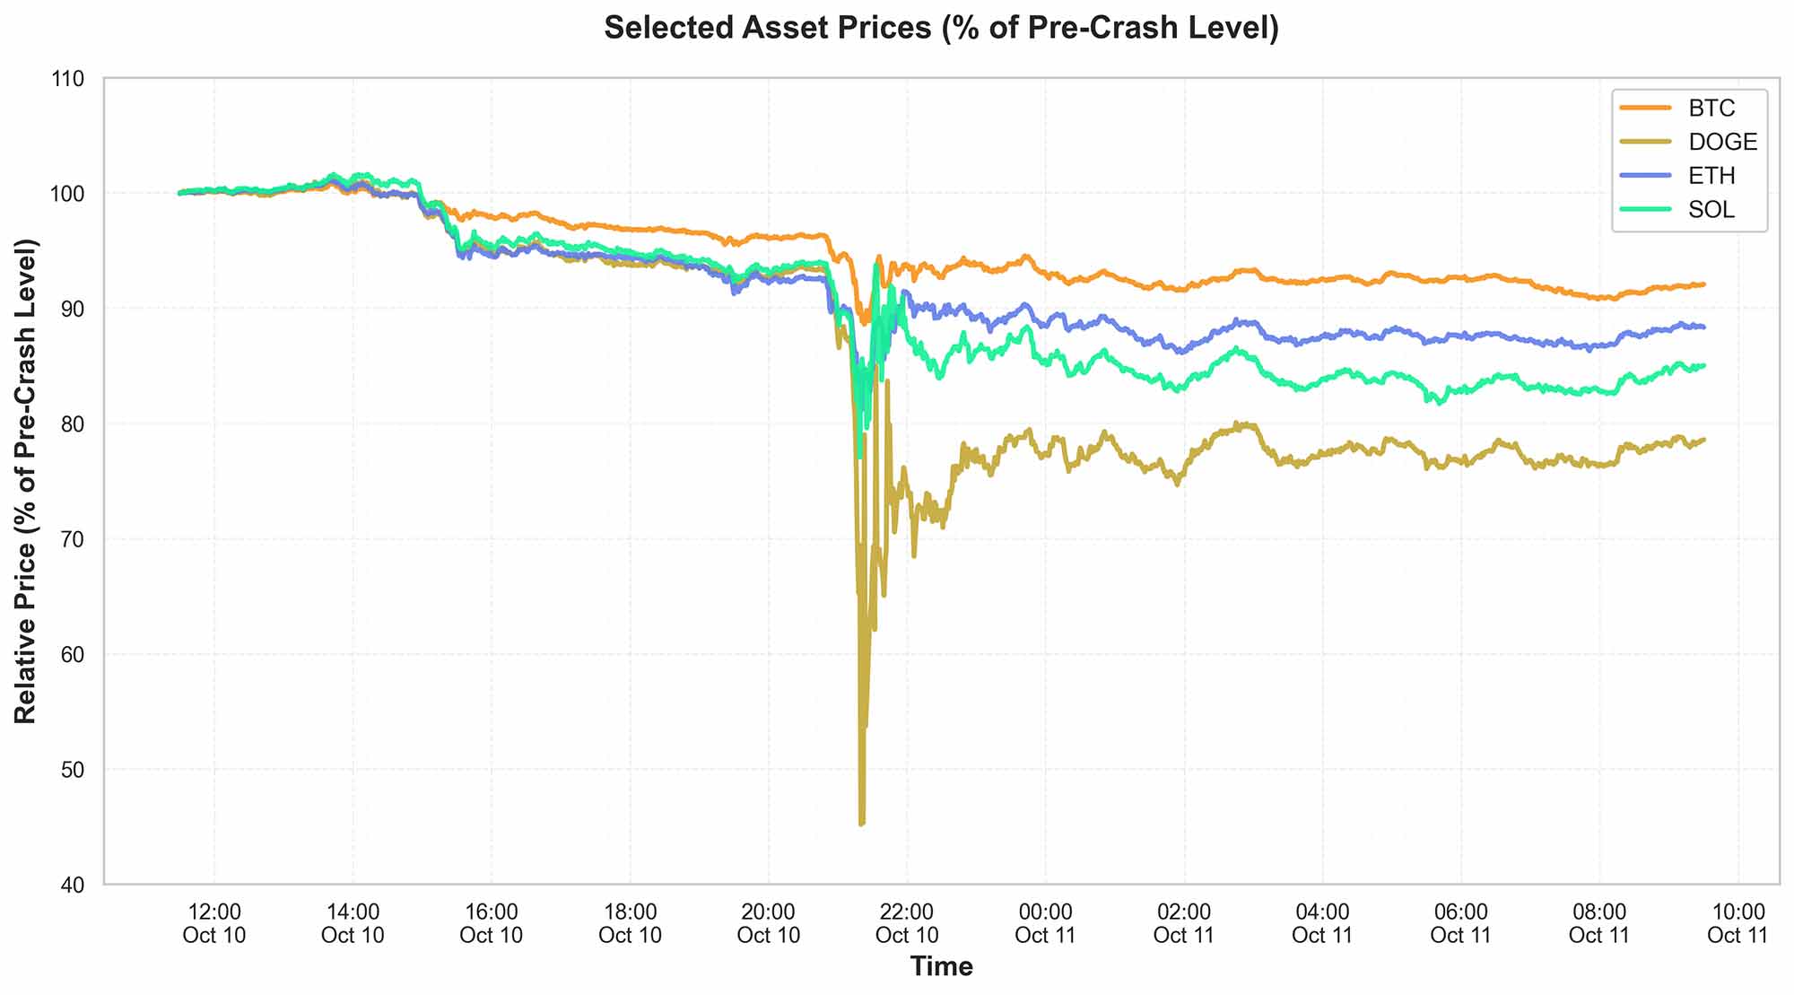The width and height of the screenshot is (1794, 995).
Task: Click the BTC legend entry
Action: click(x=1711, y=109)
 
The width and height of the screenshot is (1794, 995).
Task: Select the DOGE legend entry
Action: click(x=1721, y=142)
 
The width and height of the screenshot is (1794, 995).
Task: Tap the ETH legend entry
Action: click(x=1711, y=176)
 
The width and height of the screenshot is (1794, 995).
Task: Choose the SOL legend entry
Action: click(x=1711, y=210)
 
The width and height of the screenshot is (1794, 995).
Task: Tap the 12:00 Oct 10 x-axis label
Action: click(x=213, y=923)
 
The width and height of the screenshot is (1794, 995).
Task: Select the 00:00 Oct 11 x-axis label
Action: click(x=1045, y=923)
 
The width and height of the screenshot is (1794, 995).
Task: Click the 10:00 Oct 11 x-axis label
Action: click(x=1737, y=923)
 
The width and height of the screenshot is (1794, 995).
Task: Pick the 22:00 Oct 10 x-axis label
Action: click(x=906, y=923)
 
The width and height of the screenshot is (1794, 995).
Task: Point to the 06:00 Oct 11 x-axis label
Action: click(x=1460, y=923)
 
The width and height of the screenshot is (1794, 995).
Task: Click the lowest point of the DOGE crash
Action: click(x=862, y=823)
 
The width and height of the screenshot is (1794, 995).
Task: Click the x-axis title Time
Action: click(x=941, y=966)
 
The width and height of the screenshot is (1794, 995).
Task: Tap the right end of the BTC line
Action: click(x=1703, y=284)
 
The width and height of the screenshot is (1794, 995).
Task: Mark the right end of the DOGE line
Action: click(x=1703, y=440)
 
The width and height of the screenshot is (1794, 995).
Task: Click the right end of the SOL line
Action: click(x=1703, y=365)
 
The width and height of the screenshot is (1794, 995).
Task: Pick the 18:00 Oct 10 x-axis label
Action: click(x=630, y=923)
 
